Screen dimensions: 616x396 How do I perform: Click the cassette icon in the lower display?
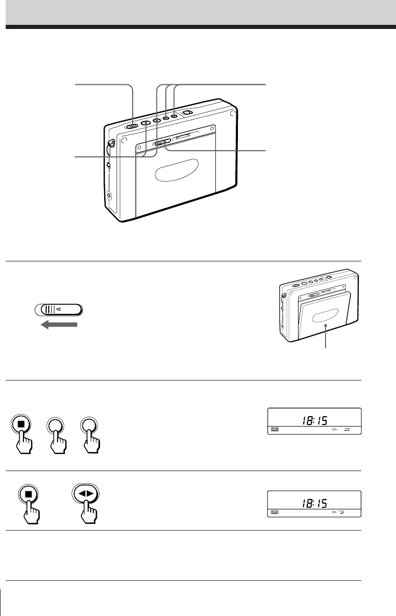[274, 512]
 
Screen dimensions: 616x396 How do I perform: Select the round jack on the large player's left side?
[108, 196]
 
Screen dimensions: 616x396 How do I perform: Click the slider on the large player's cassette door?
[162, 143]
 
